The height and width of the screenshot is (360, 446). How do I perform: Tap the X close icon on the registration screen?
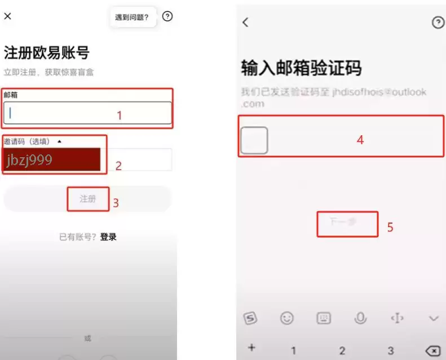point(7,16)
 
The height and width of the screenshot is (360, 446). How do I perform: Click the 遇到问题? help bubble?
point(132,17)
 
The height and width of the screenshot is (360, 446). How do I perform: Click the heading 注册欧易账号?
point(47,54)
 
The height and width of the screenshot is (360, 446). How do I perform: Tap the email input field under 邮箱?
point(87,113)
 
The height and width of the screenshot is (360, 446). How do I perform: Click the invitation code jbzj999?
point(29,160)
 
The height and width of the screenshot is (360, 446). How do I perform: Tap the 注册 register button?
point(87,199)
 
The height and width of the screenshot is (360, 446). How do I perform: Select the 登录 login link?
point(108,237)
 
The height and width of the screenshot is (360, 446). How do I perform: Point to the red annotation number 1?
point(119,115)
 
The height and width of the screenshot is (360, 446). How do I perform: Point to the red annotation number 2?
point(118,166)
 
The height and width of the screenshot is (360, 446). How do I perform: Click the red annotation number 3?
point(116,203)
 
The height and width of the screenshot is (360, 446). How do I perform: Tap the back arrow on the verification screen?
point(245,22)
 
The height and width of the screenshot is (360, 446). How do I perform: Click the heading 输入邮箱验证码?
point(301,68)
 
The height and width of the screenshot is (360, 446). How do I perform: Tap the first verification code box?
point(254,140)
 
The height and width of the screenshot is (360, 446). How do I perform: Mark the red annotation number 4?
point(360,140)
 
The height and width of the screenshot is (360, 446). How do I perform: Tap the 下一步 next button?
point(346,223)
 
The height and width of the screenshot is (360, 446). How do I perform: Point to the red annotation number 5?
point(390,228)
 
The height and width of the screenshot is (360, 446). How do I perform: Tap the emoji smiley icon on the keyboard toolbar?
point(287,318)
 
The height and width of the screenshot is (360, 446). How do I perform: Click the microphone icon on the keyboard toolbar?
point(360,318)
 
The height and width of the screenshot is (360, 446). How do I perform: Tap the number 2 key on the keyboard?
point(342,350)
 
